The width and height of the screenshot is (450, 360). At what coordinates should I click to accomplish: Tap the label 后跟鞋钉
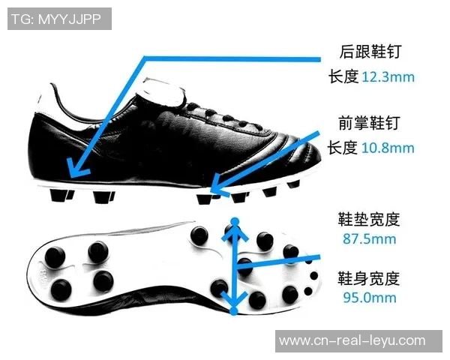370,52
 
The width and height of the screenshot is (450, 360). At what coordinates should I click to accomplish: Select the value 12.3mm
388,76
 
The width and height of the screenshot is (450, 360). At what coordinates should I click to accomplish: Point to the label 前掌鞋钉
370,123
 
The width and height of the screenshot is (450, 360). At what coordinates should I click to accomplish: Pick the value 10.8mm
388,148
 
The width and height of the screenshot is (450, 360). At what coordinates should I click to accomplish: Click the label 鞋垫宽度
370,220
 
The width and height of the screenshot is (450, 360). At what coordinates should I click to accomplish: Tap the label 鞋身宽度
370,278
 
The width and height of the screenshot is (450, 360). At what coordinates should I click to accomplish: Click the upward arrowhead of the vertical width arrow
235,223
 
